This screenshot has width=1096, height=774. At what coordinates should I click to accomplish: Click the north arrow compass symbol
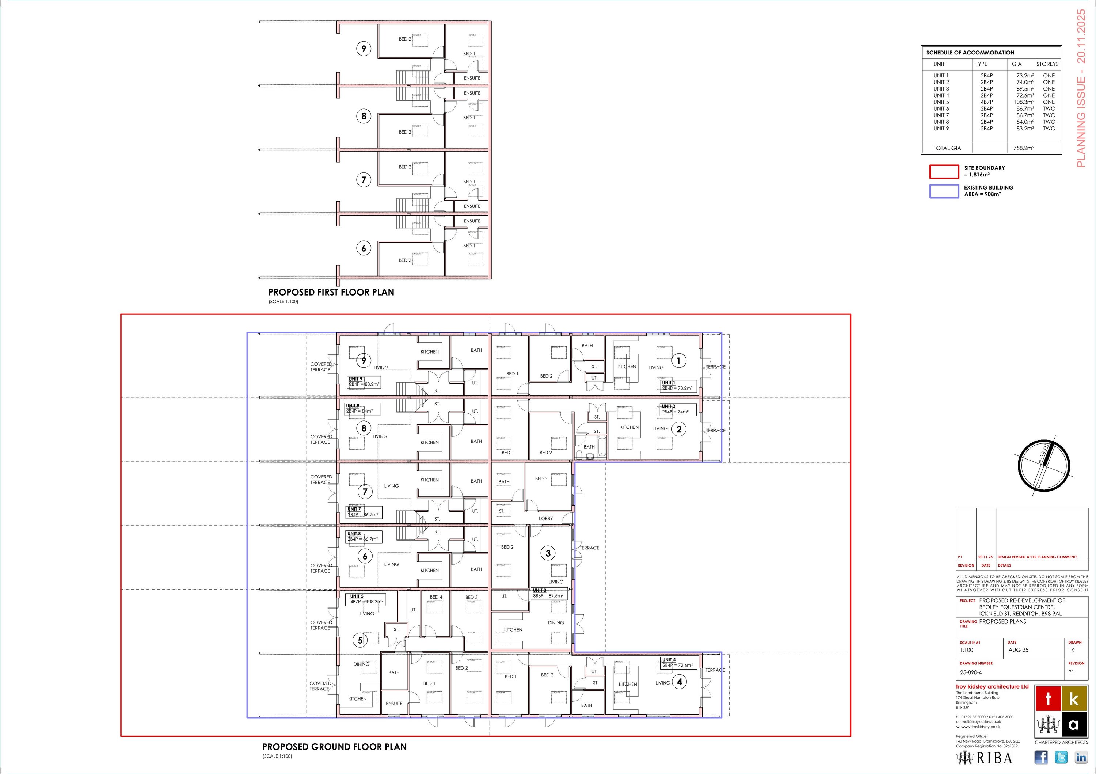click(x=1044, y=466)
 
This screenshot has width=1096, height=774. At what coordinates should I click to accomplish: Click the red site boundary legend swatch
click(x=944, y=171)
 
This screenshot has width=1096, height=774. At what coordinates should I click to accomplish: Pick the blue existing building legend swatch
click(x=944, y=191)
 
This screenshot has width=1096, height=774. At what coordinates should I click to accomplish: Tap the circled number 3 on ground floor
click(x=548, y=553)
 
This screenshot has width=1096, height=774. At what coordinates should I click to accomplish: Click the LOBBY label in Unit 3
click(x=545, y=519)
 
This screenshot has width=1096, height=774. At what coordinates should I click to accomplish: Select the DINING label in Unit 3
click(x=556, y=623)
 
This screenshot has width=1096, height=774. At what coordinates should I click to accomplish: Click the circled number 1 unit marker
click(x=679, y=361)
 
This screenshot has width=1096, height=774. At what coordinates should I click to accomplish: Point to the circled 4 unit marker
click(x=679, y=682)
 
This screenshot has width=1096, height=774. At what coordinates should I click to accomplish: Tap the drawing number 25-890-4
click(x=971, y=672)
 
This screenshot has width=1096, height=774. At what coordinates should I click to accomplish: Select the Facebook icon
click(x=1041, y=757)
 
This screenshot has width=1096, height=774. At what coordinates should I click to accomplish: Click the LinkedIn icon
click(x=1081, y=757)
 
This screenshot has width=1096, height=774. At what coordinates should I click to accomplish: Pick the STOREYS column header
click(x=1047, y=64)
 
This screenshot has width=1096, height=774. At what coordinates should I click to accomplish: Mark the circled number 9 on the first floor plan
click(x=364, y=49)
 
